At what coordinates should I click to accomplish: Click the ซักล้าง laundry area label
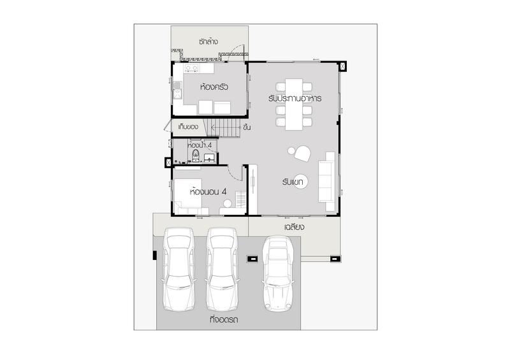(x=208, y=41)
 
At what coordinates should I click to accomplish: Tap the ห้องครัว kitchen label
(x=214, y=87)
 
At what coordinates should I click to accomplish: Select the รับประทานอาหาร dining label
(x=295, y=98)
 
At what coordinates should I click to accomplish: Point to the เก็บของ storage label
(x=188, y=127)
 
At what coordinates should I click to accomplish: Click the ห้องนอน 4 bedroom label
(x=208, y=192)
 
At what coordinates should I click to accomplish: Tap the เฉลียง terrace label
(x=294, y=227)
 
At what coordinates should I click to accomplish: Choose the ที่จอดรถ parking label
(x=224, y=319)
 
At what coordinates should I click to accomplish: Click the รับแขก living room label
(x=293, y=182)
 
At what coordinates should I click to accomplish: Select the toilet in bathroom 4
(x=196, y=155)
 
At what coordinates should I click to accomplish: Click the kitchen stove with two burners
(x=191, y=68)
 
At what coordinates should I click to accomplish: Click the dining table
(x=294, y=104)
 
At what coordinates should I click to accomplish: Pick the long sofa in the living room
(x=326, y=182)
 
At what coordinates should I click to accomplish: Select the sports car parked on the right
(x=278, y=273)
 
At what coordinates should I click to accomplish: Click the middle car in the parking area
(x=222, y=269)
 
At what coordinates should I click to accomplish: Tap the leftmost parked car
(x=179, y=269)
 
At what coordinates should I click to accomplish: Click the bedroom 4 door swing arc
(x=235, y=173)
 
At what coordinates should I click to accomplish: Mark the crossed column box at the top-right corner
(x=342, y=66)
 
